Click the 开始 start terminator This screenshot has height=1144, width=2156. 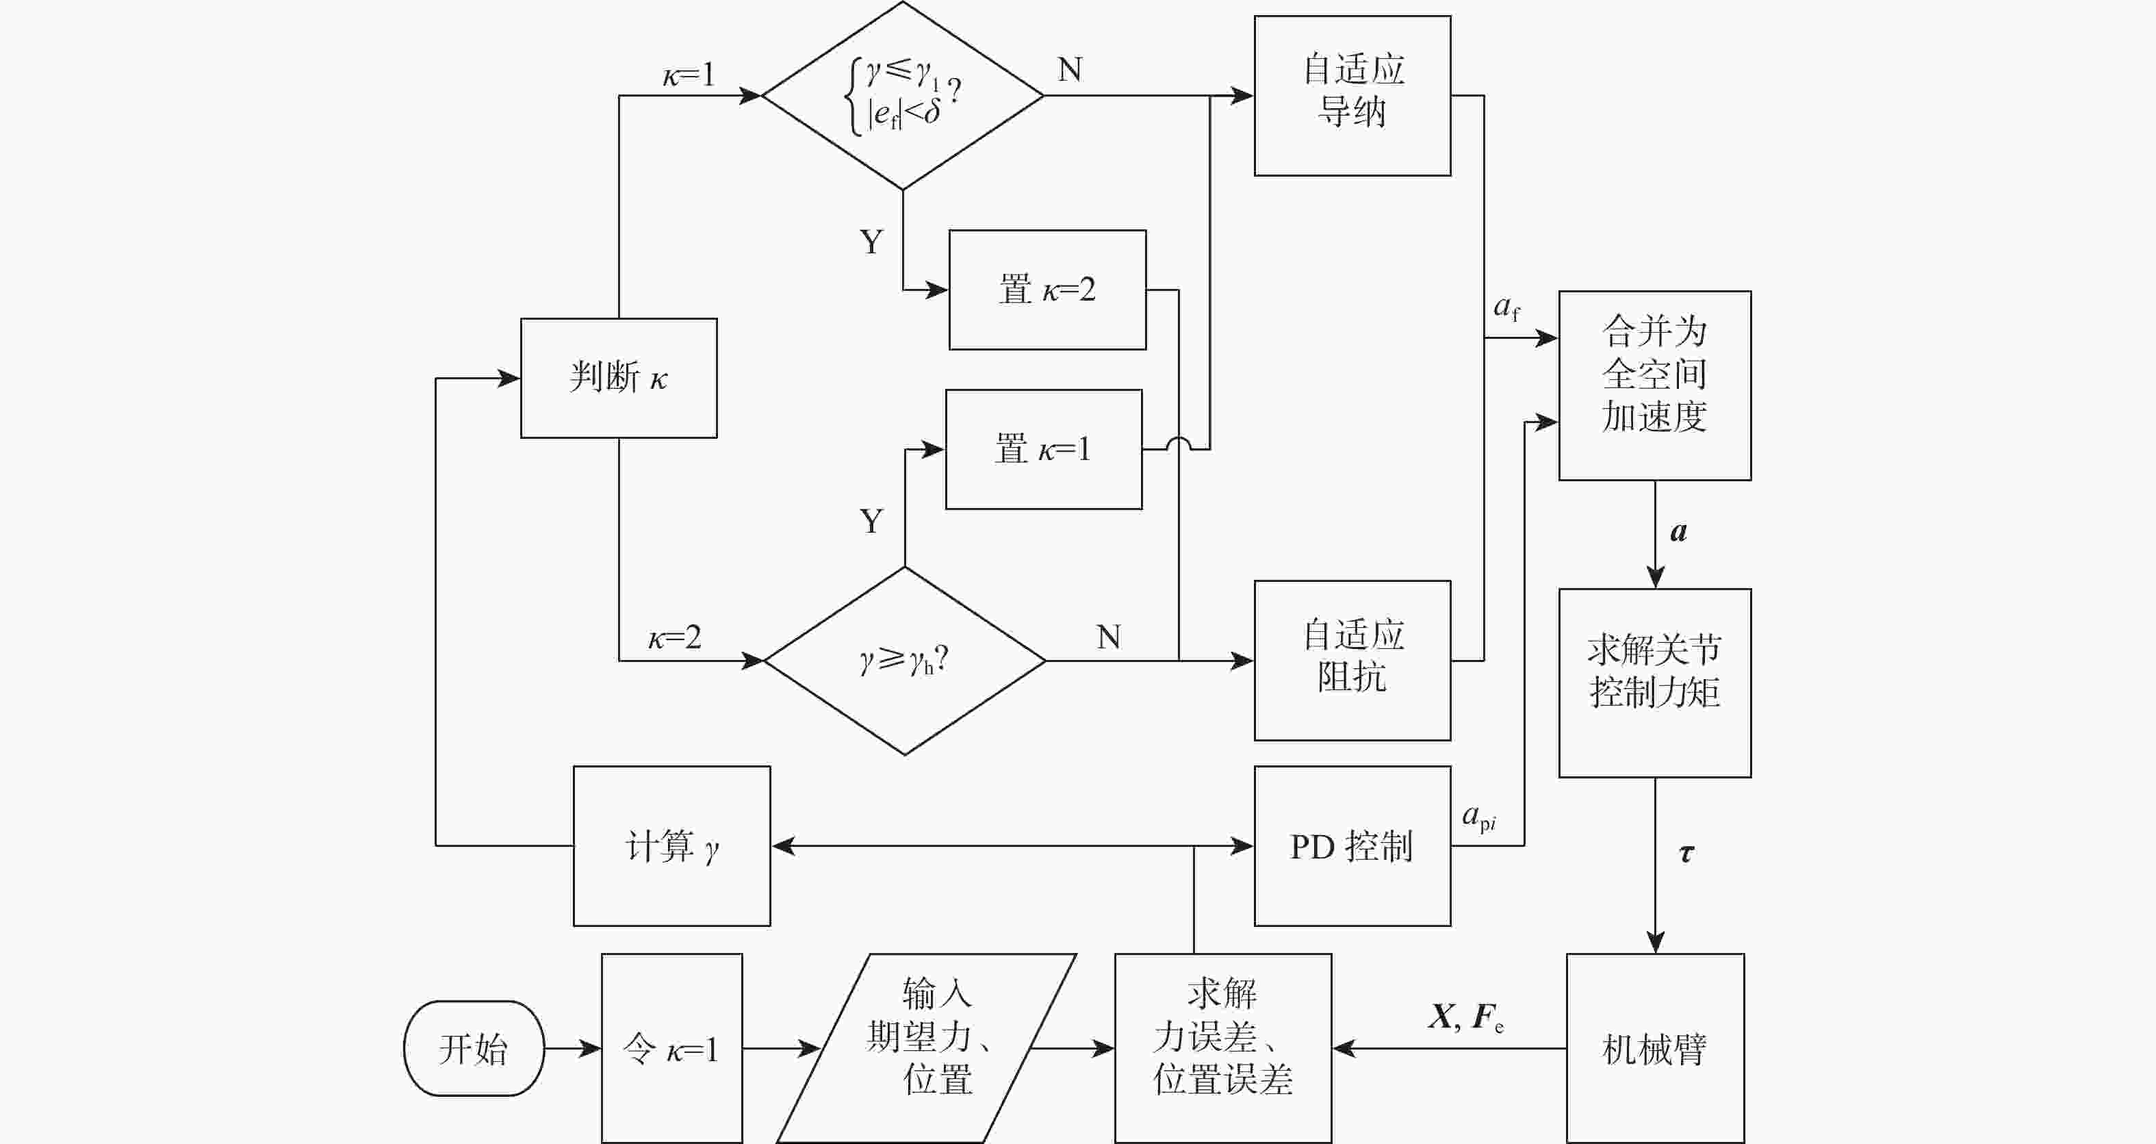coord(474,1047)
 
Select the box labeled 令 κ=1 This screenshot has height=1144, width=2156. coord(671,1047)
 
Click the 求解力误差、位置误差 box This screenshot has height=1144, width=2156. coord(1223,1047)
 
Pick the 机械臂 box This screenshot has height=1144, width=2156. coord(1655,1047)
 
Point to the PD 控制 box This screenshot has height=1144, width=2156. coord(1352,846)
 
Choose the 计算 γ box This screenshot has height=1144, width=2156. coord(671,846)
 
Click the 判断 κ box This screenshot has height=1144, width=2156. coord(619,377)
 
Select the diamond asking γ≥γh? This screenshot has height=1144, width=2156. coord(905,660)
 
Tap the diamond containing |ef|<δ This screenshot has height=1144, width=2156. coord(902,95)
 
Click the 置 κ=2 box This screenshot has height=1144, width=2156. coord(1047,290)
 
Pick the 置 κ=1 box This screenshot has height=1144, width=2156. coord(1044,448)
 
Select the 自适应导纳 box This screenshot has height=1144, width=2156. coord(1352,95)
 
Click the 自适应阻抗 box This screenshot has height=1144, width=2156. coord(1352,660)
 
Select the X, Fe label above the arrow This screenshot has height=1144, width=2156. coord(1465,1017)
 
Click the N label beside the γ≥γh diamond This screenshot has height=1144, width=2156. coord(1108,637)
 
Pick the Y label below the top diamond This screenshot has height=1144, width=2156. coord(871,242)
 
